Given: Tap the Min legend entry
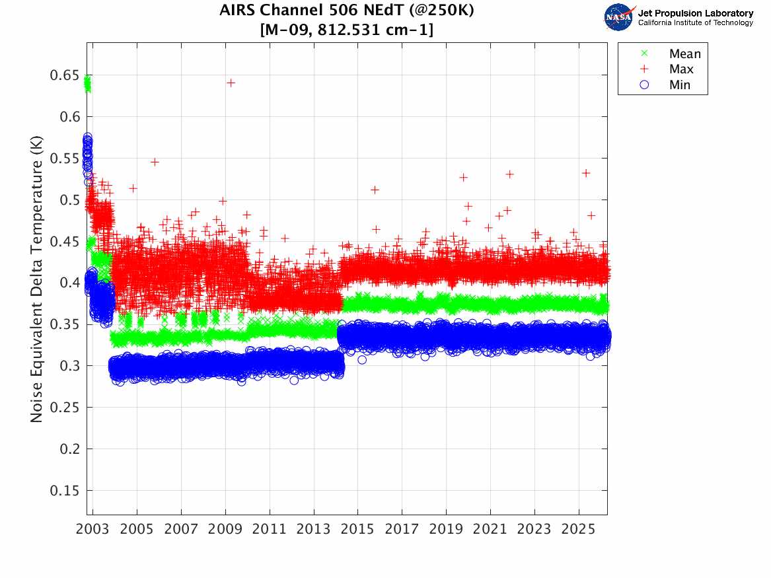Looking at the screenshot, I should click(x=679, y=85).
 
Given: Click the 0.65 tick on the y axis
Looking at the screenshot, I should click(x=64, y=75).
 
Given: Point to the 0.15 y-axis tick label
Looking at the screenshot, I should click(x=64, y=491).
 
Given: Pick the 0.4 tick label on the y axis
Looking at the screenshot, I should click(x=68, y=283).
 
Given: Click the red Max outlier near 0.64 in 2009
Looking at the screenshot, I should click(x=231, y=83).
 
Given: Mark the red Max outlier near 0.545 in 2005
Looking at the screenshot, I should click(x=155, y=162).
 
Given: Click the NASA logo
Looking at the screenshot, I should click(x=620, y=17).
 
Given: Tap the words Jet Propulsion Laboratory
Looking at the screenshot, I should click(x=695, y=13).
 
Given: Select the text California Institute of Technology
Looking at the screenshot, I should click(x=695, y=23).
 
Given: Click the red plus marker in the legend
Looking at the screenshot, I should click(x=636, y=69).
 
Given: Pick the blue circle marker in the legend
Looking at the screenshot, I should click(x=636, y=85).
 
